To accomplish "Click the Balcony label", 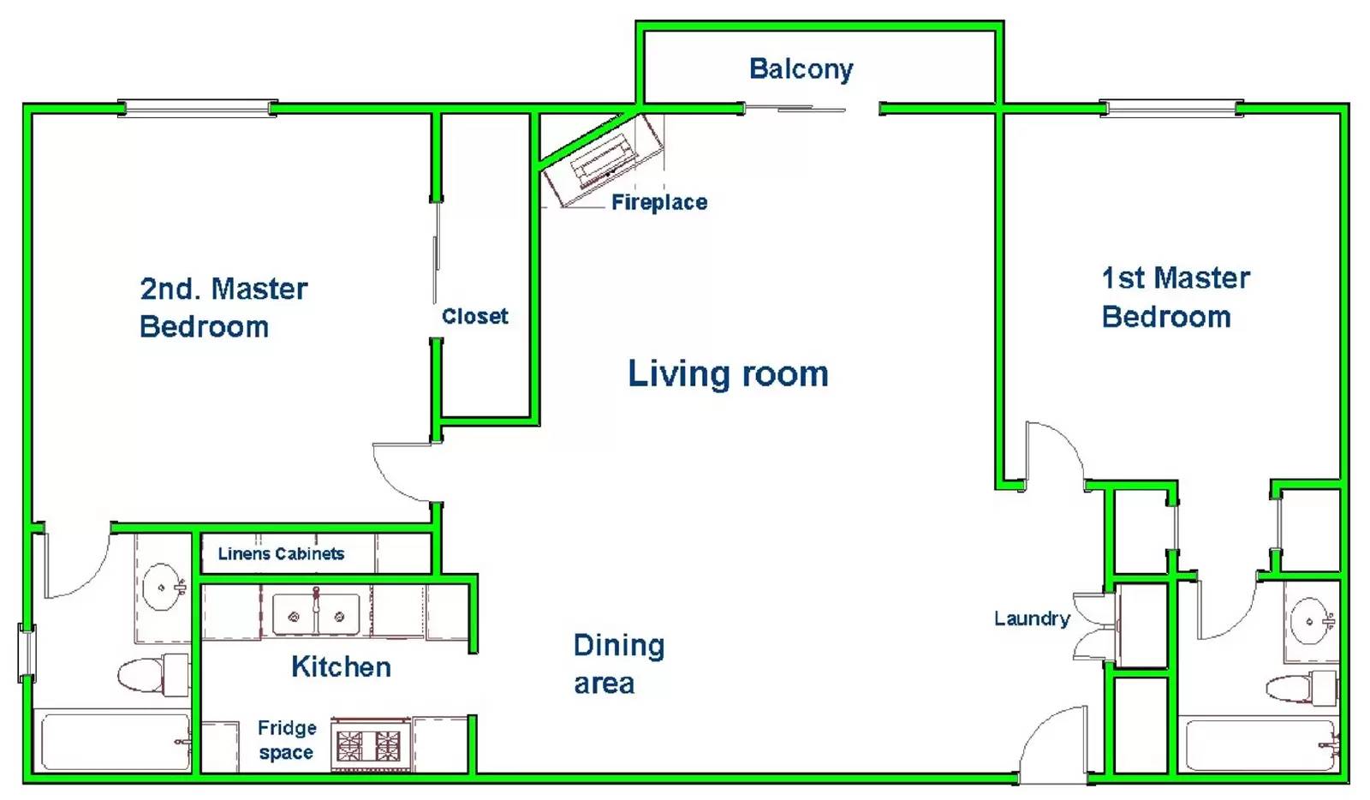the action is tap(801, 69).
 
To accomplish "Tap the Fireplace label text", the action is tap(659, 202).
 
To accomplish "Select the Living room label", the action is tap(728, 373).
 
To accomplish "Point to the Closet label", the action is tap(474, 316).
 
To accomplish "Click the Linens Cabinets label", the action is tap(281, 553).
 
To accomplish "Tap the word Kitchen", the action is tap(341, 666).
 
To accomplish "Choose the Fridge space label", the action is tap(286, 740).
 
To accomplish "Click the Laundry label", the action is tap(1032, 618).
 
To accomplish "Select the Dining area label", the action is tap(618, 664).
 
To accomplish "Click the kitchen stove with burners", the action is tap(369, 745).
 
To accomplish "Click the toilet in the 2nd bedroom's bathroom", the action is tap(153, 675).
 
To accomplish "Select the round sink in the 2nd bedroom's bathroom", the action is tap(162, 588).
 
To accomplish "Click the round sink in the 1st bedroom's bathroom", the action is tap(1310, 621).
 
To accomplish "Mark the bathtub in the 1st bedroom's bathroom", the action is tap(1262, 745).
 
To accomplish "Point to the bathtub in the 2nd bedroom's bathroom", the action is tap(116, 741).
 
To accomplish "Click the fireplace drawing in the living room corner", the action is tap(604, 160).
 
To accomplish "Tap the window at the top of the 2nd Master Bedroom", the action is tap(197, 108).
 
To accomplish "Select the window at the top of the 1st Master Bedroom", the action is tap(1171, 108).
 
